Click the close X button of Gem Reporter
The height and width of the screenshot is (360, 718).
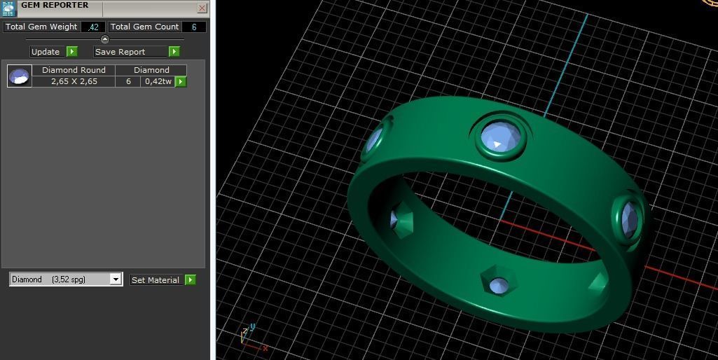coord(202,8)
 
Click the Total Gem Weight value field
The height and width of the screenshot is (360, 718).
coord(93,27)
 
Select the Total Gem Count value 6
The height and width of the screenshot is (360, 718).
coord(194,27)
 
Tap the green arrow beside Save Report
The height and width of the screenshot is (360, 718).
coord(174,52)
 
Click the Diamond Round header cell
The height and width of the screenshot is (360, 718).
coord(74,70)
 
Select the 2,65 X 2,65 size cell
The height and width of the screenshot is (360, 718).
coord(74,81)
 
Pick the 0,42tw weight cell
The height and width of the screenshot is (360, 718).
coord(158,81)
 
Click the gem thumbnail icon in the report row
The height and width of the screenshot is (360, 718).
coord(20,76)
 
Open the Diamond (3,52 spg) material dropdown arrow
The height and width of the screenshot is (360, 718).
coord(116,279)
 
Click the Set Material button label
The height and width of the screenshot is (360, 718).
coord(156,280)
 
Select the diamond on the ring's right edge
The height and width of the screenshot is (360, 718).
coord(629,218)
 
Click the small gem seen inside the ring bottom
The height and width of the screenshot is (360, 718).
coord(498,285)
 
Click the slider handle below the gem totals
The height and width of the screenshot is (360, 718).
coord(105,39)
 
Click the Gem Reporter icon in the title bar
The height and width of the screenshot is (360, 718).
coord(8,8)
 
